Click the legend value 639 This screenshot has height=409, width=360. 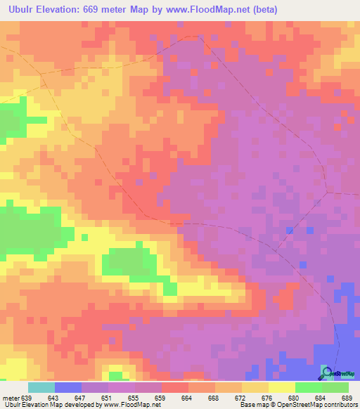pyautogui.click(x=26, y=398)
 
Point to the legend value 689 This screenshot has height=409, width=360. pyautogui.click(x=347, y=398)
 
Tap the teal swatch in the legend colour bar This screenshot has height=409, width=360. pyautogui.click(x=41, y=387)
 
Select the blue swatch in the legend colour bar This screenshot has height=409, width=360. pyautogui.click(x=68, y=387)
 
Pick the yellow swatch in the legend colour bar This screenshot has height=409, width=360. pyautogui.click(x=281, y=387)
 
